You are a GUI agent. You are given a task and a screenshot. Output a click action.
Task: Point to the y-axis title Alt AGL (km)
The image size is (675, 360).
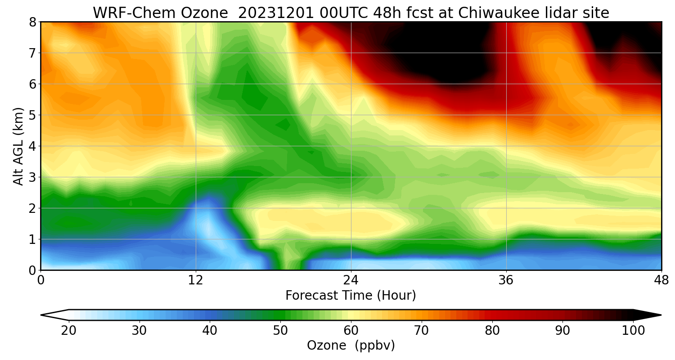(18, 146)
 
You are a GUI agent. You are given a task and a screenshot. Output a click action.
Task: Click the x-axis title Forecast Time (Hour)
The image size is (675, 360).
(351, 296)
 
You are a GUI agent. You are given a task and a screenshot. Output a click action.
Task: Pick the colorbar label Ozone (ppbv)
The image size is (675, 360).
(351, 346)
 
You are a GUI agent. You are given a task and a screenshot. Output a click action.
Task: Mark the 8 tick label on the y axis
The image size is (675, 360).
(32, 22)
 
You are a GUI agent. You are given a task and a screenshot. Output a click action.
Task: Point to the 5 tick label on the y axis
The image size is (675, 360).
(32, 115)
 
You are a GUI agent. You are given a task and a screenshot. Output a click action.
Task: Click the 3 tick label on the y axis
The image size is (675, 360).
(32, 177)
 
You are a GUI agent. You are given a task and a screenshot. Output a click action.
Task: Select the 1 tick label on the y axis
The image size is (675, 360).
(32, 239)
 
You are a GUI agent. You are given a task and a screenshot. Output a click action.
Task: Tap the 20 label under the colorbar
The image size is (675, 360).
(69, 331)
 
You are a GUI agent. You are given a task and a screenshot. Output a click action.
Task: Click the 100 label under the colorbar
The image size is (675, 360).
(633, 331)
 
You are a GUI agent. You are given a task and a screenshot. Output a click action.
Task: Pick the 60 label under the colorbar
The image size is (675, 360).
(351, 331)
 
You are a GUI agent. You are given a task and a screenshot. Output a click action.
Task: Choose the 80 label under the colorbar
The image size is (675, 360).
(492, 331)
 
